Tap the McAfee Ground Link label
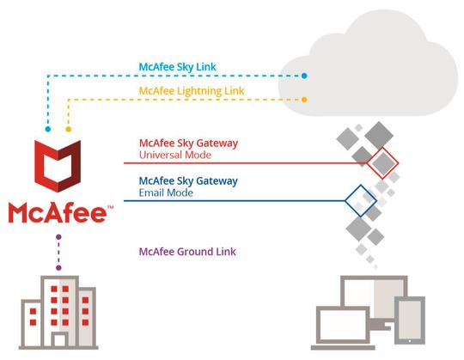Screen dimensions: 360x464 (187, 252)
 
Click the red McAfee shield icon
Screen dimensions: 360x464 (58, 167)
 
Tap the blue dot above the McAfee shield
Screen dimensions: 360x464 (48, 130)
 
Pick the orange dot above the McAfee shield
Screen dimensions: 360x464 (68, 130)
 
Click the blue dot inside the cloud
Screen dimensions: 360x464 (304, 76)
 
